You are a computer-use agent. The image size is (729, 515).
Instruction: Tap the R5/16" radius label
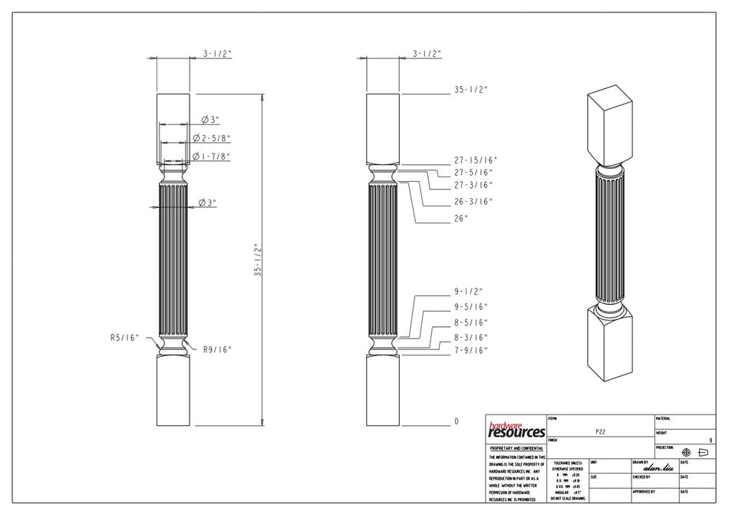coord(124,337)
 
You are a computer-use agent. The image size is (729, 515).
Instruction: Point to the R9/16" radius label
coord(217,349)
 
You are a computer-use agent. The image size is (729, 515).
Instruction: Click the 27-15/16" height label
coord(475,160)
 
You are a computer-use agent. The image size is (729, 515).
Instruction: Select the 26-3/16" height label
coord(473,202)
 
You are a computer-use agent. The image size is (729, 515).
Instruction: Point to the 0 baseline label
coord(456,421)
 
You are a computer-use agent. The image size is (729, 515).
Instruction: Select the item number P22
coord(600,432)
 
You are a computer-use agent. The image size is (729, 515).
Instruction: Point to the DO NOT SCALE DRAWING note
coord(567,498)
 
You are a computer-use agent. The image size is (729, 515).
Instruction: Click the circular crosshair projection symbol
coord(686,453)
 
